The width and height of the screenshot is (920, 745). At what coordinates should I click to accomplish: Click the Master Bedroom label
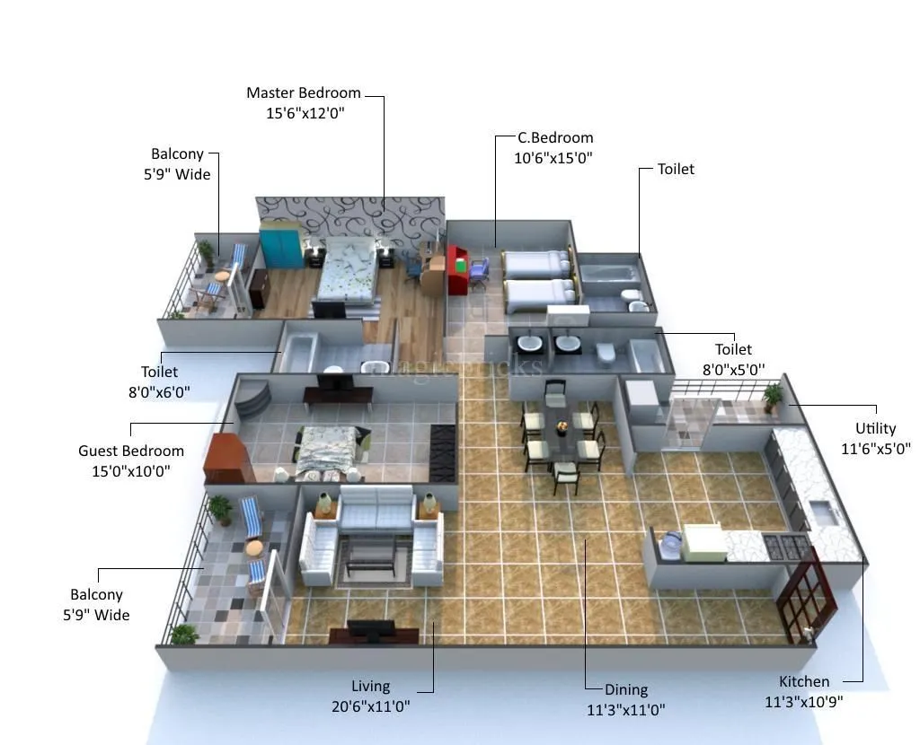click(x=304, y=92)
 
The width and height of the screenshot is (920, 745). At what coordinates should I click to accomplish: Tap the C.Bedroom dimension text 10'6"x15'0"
click(x=553, y=158)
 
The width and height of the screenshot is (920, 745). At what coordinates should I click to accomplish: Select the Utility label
click(x=875, y=428)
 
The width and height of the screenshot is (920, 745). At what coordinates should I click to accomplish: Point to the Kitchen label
click(x=803, y=681)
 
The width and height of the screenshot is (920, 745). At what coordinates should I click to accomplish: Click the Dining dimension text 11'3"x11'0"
click(x=625, y=710)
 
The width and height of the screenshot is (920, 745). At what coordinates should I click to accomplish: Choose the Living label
click(x=370, y=687)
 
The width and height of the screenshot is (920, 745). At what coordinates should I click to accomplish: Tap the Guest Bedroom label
click(x=131, y=451)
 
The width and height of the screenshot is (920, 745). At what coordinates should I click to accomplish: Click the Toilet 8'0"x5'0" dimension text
click(x=733, y=369)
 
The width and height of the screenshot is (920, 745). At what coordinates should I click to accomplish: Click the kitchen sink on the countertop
click(x=824, y=513)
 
